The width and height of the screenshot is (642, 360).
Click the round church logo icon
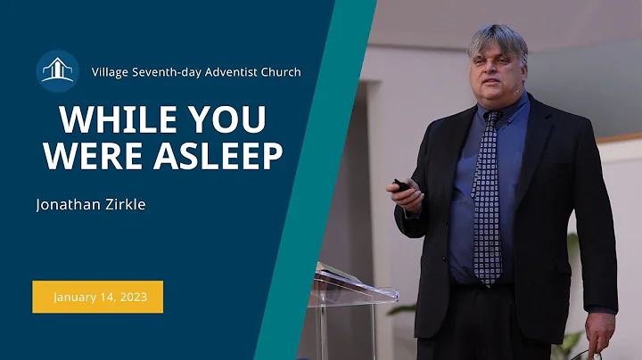(x=58, y=71)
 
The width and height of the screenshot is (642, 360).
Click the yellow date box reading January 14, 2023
(x=98, y=297)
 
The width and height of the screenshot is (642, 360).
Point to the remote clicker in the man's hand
(x=400, y=185)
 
